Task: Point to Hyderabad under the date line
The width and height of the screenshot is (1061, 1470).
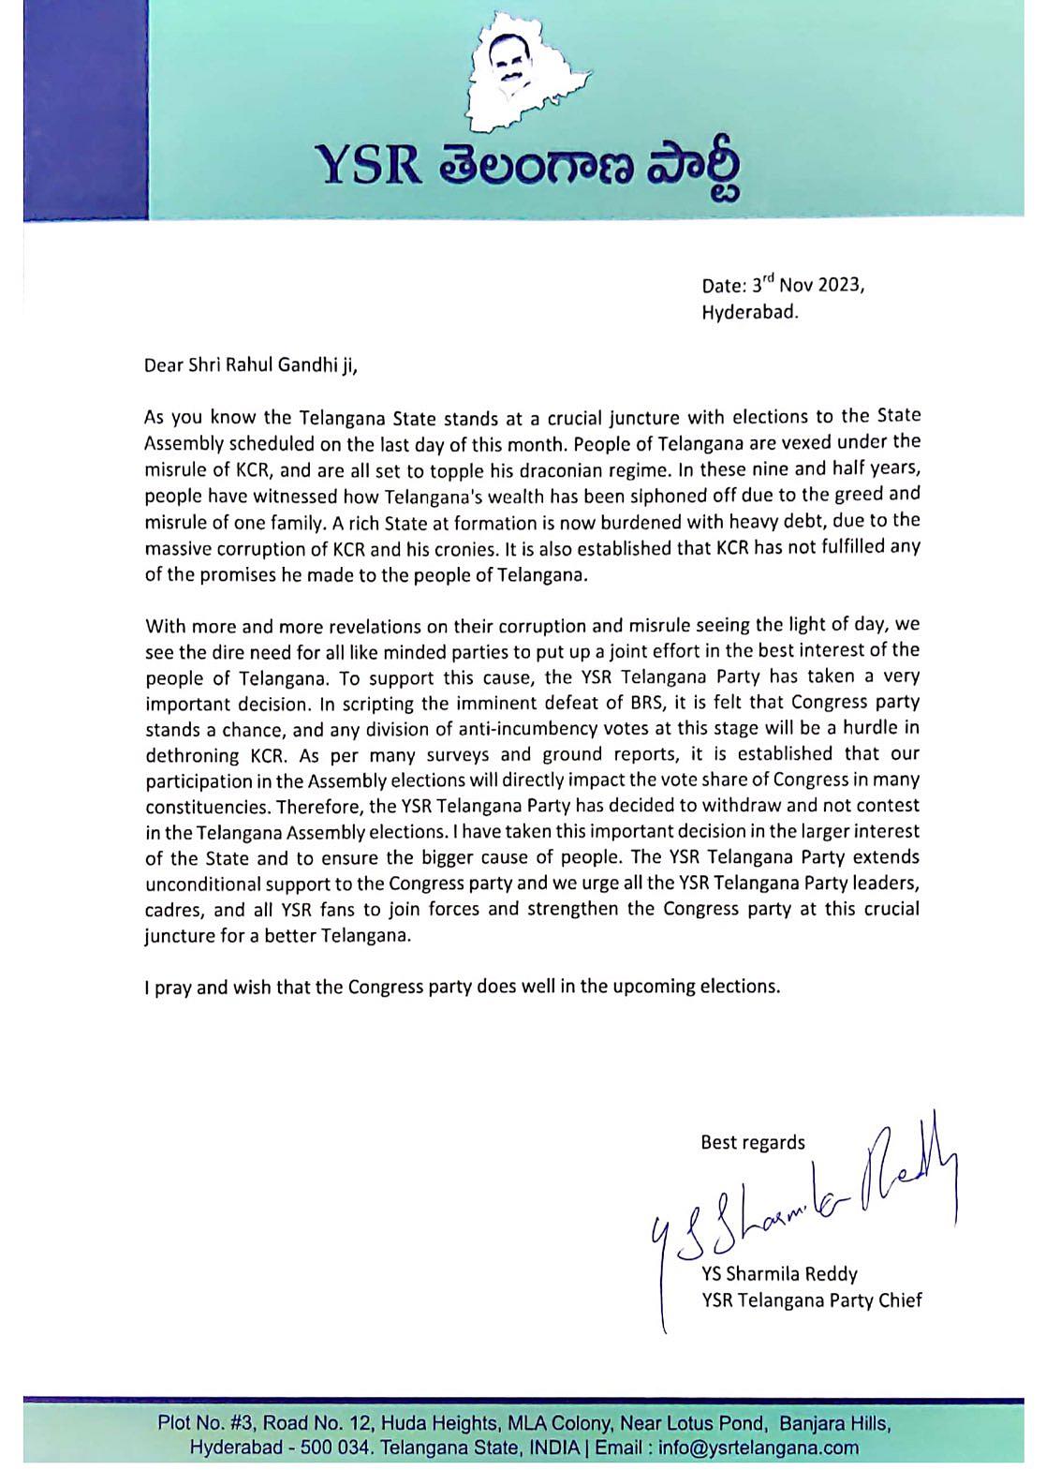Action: click(750, 312)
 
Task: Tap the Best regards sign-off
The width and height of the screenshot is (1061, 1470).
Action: click(752, 1142)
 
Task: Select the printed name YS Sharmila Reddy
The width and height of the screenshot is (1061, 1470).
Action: click(778, 1274)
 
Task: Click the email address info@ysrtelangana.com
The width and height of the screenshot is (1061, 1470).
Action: click(758, 1448)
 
